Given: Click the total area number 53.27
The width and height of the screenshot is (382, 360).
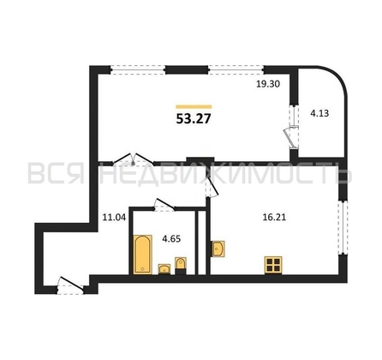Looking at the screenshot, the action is point(194,118).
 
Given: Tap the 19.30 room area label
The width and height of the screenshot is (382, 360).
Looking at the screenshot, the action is point(268,84).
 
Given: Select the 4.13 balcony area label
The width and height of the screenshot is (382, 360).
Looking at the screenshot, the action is point(319,113).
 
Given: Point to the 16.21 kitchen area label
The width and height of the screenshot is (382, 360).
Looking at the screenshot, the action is point(274,218).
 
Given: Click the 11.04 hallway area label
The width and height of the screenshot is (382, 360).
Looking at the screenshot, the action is point(114,218).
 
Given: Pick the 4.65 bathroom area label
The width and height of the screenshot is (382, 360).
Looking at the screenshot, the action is point(171,238).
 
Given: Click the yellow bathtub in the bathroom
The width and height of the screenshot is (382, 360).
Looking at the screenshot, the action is point(143,254).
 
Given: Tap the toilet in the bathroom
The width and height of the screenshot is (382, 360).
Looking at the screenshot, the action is point(181,265).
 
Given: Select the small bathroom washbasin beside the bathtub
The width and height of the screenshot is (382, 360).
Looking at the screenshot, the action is point(164,268).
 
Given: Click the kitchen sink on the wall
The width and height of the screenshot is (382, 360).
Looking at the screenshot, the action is point(218,249).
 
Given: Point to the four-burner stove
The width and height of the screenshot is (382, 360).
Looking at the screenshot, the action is point(273,265).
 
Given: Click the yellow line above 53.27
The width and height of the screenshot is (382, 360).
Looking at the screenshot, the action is point(194,106).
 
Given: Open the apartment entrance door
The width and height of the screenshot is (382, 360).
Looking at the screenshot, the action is point(70,285).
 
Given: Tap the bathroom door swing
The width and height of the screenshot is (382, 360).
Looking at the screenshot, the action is point(164,205).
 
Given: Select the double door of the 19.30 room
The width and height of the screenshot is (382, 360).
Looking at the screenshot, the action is point(133,159).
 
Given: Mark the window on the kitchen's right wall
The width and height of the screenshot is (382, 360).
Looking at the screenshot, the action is point(343,228).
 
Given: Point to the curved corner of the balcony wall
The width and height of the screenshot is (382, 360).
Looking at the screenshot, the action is point(337,76).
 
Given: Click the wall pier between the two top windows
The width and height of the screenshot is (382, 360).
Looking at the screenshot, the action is point(187,69).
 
